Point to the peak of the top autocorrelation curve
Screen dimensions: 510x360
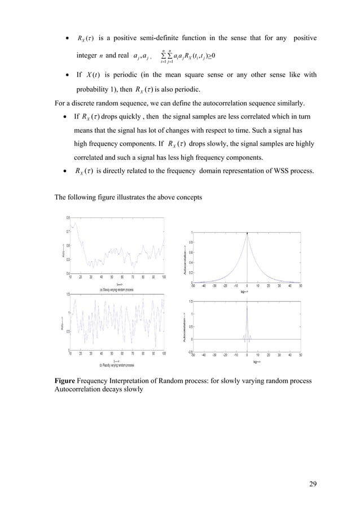(x=247, y=233)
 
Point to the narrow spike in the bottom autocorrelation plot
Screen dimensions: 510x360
(x=247, y=308)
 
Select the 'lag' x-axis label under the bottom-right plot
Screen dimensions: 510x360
(x=256, y=361)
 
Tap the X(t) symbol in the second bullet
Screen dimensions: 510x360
(x=92, y=75)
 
